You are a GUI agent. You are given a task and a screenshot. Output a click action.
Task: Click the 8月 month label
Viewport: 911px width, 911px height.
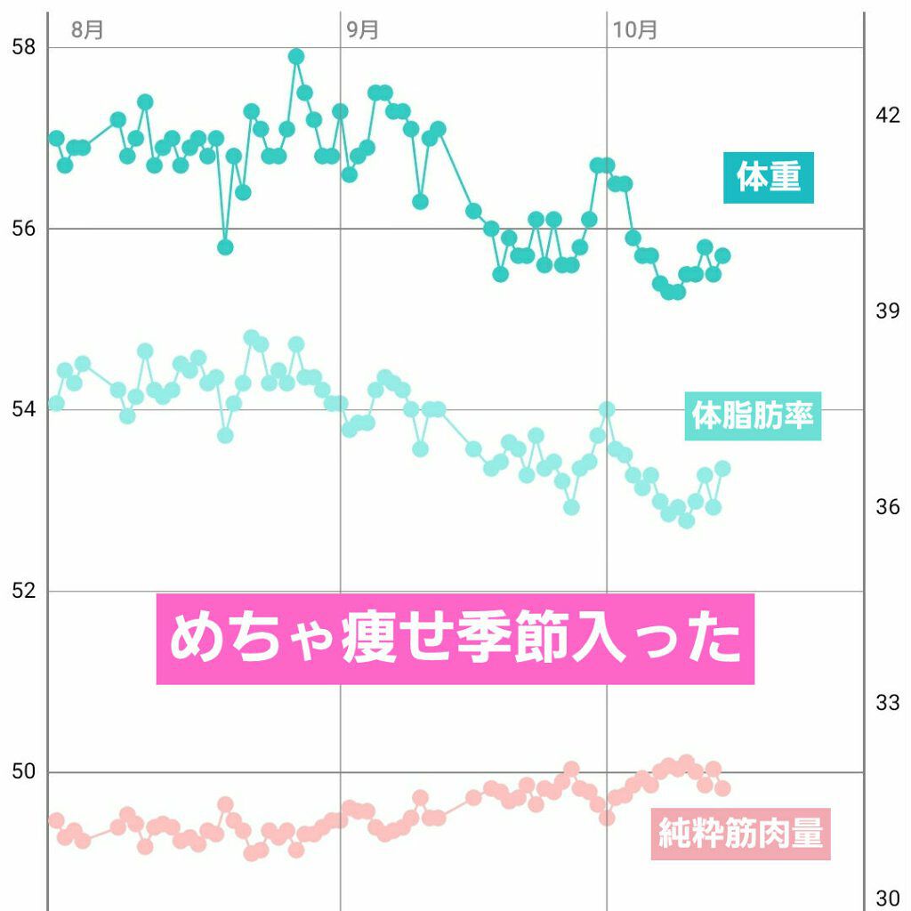87,29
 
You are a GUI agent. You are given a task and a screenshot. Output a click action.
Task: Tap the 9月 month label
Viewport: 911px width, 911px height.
362,29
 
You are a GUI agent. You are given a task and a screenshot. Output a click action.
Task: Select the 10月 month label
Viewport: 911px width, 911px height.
634,29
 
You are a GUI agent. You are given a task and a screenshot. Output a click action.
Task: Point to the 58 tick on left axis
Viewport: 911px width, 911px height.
24,47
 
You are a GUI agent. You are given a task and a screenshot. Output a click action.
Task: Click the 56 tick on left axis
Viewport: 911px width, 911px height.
24,229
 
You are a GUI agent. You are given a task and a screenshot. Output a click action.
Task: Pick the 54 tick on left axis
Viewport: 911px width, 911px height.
24,410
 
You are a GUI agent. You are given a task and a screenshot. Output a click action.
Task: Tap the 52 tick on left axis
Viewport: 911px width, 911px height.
24,591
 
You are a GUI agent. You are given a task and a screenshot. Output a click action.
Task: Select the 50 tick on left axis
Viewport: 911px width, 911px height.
24,771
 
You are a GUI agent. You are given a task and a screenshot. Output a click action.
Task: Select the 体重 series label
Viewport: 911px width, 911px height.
768,177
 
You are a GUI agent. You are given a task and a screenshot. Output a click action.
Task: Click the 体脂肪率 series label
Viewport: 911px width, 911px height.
753,415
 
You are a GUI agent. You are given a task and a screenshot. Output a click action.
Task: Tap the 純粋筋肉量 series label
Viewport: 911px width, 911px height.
740,834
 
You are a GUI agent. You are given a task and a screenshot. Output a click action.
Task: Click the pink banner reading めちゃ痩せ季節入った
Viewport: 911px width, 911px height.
455,639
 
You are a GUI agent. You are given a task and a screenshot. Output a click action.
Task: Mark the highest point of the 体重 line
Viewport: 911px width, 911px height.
296,57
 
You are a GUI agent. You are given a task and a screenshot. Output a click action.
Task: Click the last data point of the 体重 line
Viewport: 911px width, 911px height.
722,255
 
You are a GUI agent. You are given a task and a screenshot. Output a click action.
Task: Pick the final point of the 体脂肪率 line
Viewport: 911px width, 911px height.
722,468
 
